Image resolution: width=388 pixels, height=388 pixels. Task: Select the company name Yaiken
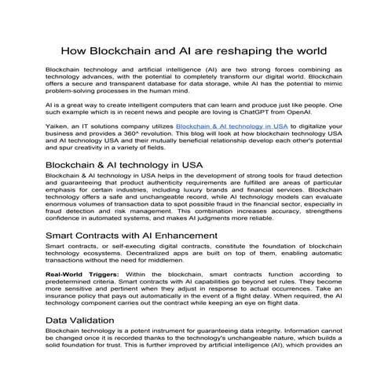[x=57, y=125]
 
